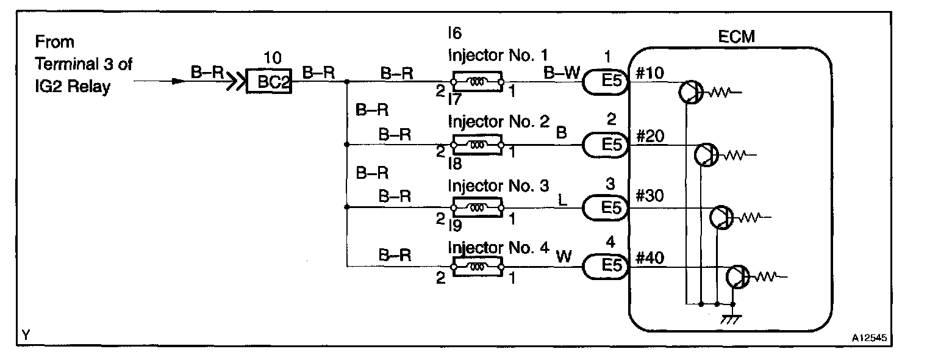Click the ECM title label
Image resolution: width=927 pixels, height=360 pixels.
pos(737,37)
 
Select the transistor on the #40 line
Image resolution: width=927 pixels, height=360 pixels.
pos(738,277)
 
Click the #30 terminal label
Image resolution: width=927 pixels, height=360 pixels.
pos(650,196)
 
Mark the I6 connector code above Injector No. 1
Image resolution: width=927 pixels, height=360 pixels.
pos(455,33)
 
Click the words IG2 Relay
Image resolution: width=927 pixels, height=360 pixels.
pos(73,86)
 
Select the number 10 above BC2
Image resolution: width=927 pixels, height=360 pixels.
pos(272,59)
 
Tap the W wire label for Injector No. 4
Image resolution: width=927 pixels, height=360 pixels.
pos(564,256)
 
